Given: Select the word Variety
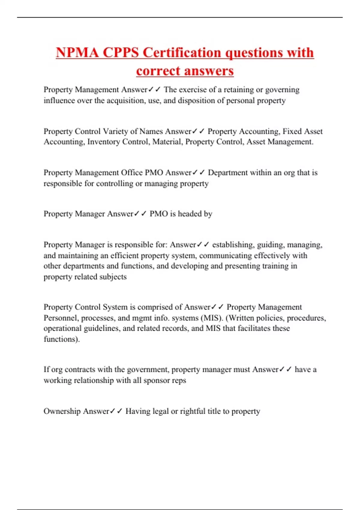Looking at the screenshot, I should pos(115,131).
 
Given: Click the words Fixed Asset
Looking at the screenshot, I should pos(302,131).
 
